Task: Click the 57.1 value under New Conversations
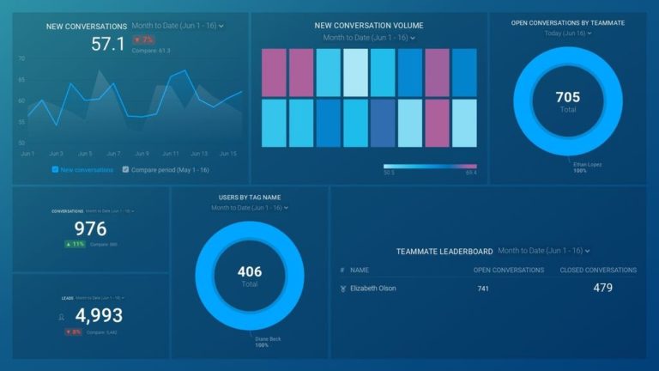coord(108,44)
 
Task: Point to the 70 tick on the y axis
coord(21,58)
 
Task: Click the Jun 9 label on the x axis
coord(142,154)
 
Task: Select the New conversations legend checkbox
coord(56,170)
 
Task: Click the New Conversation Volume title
coord(369,26)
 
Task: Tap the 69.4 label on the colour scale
coord(470,173)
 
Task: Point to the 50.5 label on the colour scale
coord(389,173)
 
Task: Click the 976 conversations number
coord(90,228)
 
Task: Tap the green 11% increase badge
coord(75,245)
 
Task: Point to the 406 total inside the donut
coord(250,272)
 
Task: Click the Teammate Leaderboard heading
coord(444,252)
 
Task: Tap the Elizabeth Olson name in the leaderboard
coord(372,289)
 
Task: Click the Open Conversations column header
coord(508,271)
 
